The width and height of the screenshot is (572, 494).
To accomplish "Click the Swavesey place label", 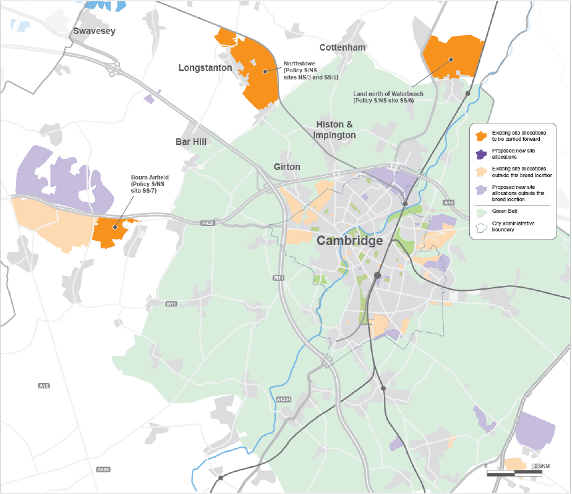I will click(x=94, y=31).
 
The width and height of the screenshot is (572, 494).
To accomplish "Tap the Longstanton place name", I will click(x=205, y=67).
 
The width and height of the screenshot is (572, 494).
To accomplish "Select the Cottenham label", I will click(x=343, y=47).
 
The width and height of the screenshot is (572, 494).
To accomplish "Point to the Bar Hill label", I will click(x=190, y=141).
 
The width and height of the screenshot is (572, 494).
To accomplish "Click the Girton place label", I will click(x=287, y=167).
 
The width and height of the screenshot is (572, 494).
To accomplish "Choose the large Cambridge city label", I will click(x=350, y=241).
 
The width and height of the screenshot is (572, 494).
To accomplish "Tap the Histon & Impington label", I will click(x=335, y=130).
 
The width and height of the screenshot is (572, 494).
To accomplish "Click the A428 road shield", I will click(x=208, y=222).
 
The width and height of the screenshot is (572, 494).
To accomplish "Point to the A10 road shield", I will click(x=43, y=386).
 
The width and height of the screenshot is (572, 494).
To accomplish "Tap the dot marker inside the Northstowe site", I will click(x=265, y=71).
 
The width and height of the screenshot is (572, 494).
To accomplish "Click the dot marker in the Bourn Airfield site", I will click(x=114, y=227).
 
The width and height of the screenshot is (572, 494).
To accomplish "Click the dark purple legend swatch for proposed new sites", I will click(x=479, y=154).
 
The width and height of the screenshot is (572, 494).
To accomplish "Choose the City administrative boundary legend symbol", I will click(x=479, y=227).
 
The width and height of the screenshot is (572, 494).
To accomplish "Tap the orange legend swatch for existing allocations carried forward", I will click(x=479, y=135).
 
